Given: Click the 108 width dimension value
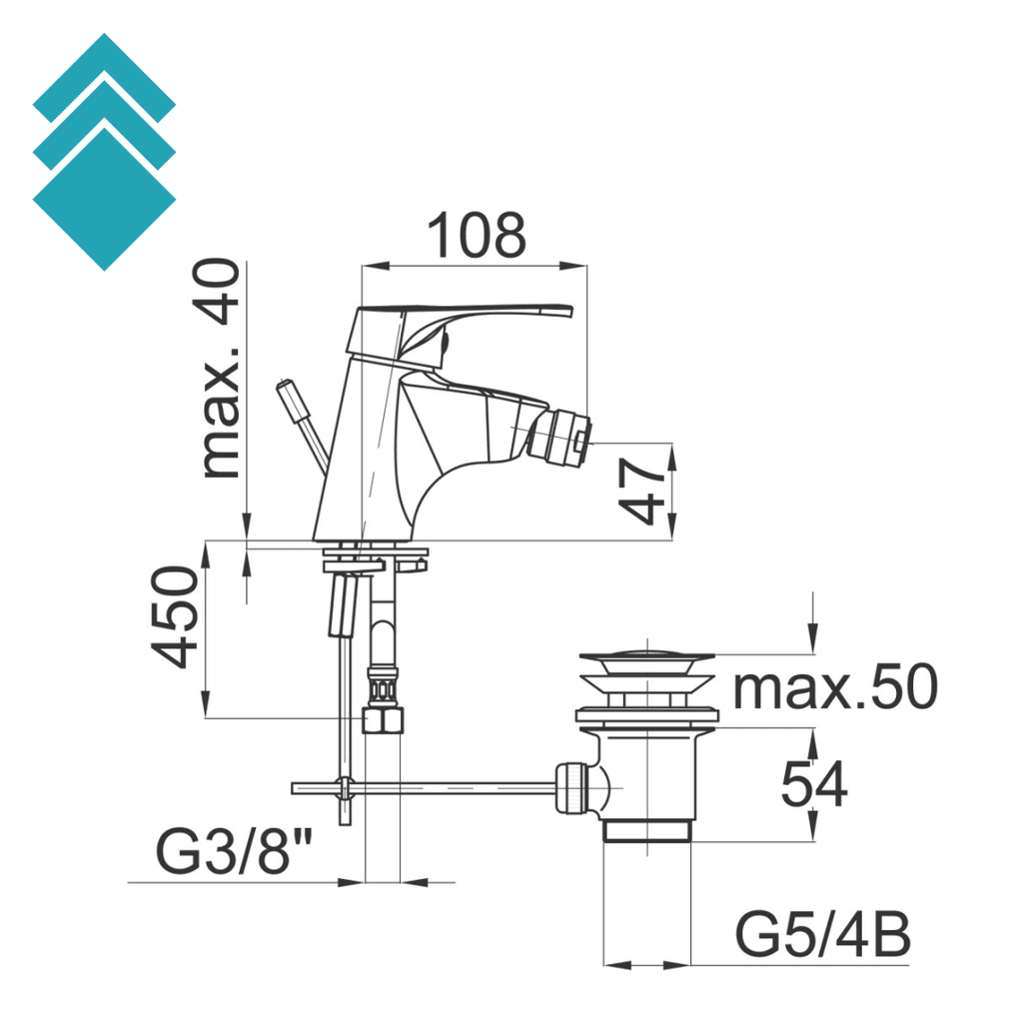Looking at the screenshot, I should point(477,236).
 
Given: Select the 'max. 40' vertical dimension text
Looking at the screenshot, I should point(220,370).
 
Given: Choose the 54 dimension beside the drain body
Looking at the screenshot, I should point(813,785).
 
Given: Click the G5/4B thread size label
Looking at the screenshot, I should point(822,936).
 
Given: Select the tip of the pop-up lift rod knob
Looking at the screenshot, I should point(286,387).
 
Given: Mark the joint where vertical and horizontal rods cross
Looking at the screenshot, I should point(345,788).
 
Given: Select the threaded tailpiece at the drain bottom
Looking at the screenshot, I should point(647,831).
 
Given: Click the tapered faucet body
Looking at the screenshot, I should point(365,460).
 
